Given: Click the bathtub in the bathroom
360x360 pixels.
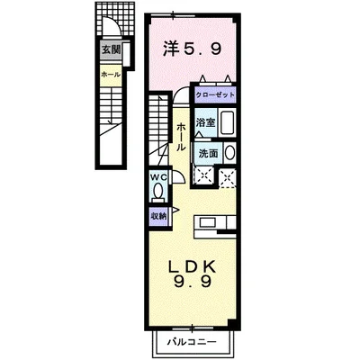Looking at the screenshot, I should tap(228, 123).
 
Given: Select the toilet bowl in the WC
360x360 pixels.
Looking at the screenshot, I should tap(157, 192).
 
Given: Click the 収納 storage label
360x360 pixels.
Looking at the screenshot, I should tap(157, 216).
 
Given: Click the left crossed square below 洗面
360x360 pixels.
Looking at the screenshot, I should tap(203, 175).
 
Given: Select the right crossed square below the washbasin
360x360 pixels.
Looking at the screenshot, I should tap(228, 175).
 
